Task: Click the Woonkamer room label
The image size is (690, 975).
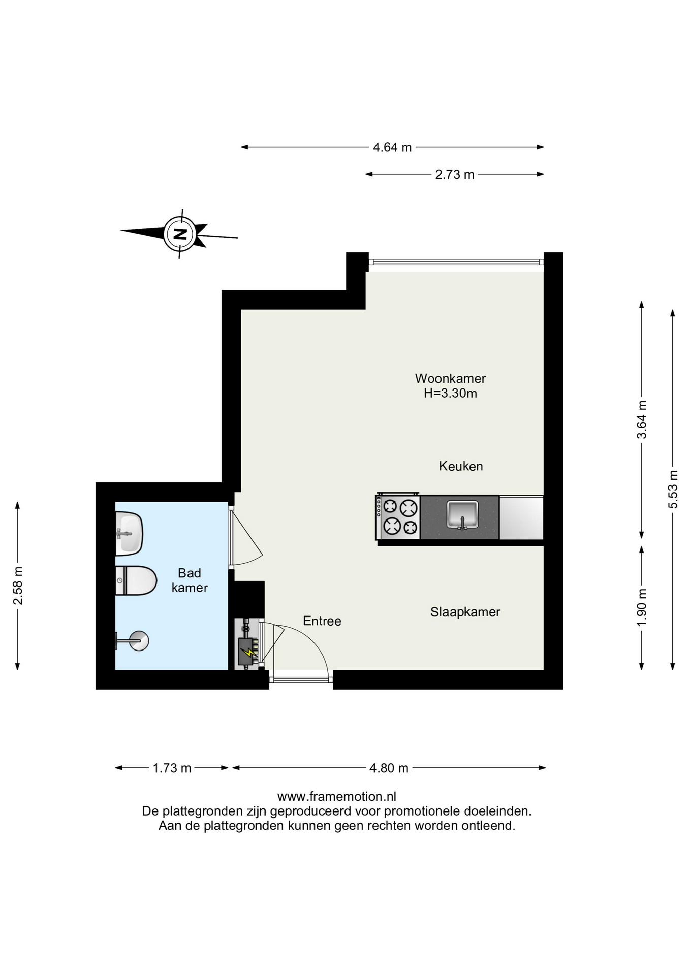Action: tap(450, 378)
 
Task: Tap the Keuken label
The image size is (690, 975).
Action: tap(461, 466)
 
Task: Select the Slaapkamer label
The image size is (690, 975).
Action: tap(465, 612)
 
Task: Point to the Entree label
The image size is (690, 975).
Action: tap(322, 621)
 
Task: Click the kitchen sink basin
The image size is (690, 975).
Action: tap(462, 514)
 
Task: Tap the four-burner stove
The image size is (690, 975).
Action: tap(398, 517)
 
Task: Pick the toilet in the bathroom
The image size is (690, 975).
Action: tap(136, 580)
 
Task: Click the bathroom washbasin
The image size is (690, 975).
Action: tap(129, 534)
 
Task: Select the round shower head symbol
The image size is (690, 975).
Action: tap(139, 641)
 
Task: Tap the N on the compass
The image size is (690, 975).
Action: tap(180, 234)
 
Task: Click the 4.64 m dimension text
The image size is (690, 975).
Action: tap(392, 147)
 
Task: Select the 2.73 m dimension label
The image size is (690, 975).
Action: tap(455, 174)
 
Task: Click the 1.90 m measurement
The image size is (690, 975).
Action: tap(642, 607)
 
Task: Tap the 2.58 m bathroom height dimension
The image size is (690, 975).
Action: tap(18, 586)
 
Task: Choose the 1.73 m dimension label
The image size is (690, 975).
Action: tap(172, 768)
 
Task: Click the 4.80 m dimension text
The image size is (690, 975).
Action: tap(389, 768)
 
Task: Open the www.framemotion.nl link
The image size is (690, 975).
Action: tap(337, 796)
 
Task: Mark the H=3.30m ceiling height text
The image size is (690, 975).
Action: tap(450, 393)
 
